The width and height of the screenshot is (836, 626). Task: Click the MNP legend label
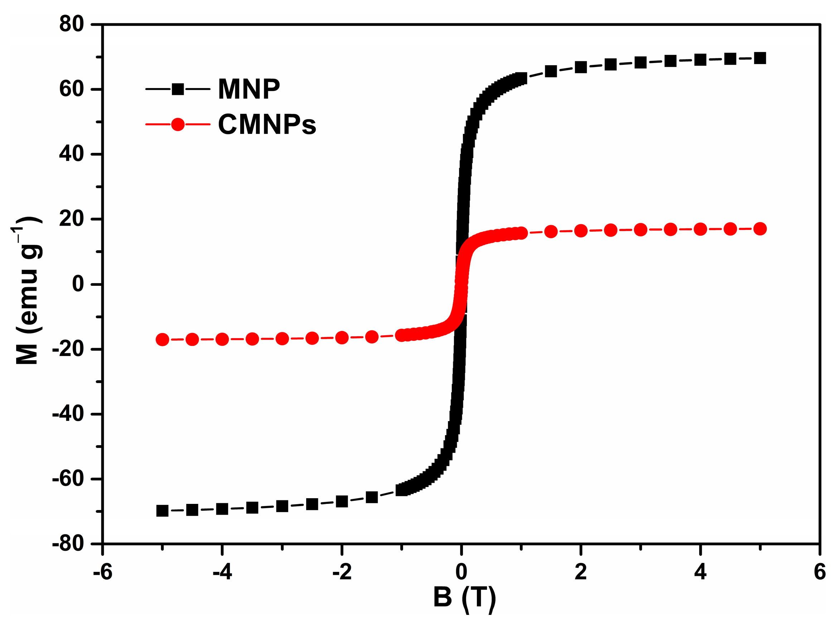tap(249, 89)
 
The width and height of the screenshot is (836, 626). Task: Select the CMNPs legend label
tap(267, 124)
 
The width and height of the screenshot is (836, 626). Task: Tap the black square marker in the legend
tap(178, 89)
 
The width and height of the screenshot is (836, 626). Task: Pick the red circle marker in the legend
tap(178, 124)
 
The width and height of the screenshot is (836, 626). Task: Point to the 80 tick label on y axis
tap(72, 24)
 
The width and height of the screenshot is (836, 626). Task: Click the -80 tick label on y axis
tap(68, 544)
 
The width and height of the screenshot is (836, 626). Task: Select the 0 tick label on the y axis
tap(78, 284)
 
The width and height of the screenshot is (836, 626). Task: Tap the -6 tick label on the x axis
tap(102, 572)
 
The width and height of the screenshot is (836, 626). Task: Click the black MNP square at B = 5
tap(760, 58)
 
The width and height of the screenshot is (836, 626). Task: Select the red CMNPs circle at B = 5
tap(760, 229)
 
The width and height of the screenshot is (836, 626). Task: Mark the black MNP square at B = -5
tap(162, 511)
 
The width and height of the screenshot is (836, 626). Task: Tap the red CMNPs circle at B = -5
tap(162, 340)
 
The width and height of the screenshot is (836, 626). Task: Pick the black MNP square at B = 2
tap(580, 67)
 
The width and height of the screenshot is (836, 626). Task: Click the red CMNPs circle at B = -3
tap(282, 339)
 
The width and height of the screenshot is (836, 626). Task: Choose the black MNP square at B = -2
tap(342, 502)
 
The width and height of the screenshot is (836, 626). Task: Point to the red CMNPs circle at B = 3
tap(640, 230)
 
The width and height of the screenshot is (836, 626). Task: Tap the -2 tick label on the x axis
tap(342, 572)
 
